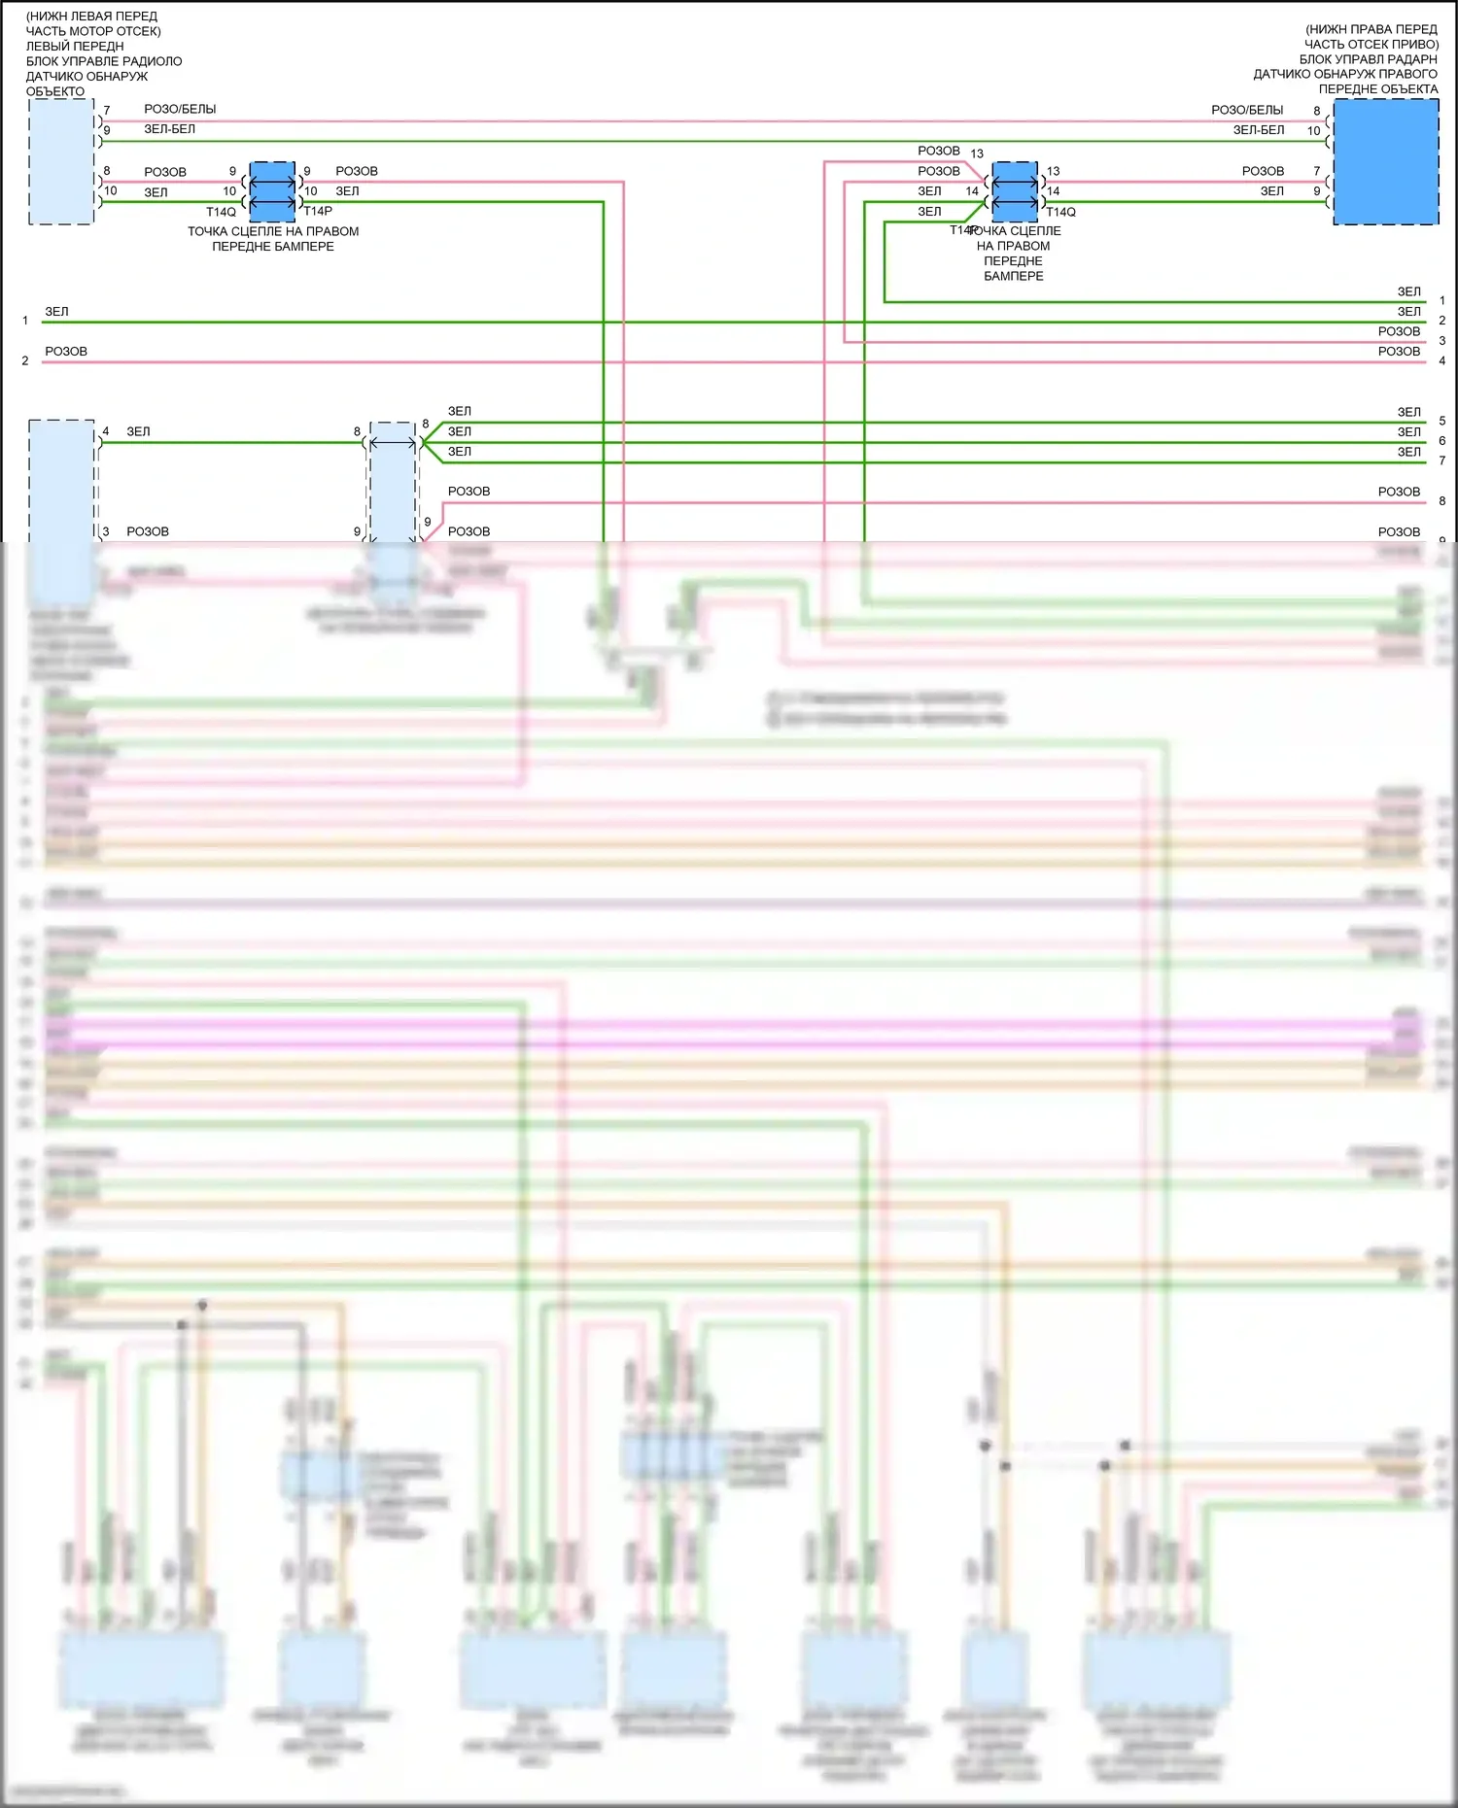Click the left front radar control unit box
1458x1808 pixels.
61,161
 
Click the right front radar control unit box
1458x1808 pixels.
1385,162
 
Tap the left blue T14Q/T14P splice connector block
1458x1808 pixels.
272,191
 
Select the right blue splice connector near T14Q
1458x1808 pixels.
1015,191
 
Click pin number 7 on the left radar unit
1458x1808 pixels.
107,111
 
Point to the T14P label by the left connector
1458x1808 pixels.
318,211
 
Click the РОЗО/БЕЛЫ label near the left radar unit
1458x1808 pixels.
180,110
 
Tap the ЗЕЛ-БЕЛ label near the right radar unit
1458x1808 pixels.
1259,130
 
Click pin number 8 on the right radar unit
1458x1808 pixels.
1317,111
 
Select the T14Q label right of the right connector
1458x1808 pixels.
1061,212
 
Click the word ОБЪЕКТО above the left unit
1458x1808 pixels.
55,91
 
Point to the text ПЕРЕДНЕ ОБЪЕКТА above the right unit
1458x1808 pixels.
1378,89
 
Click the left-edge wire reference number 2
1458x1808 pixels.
25,360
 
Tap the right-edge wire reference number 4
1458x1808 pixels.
1442,360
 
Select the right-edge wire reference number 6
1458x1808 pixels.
1442,441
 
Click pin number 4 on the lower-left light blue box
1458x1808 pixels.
106,431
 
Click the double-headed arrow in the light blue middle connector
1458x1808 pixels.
393,443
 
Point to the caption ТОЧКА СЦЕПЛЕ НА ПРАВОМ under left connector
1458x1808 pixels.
273,231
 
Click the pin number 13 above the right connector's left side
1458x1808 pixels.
977,154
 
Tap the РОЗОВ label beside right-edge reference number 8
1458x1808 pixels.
1399,492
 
